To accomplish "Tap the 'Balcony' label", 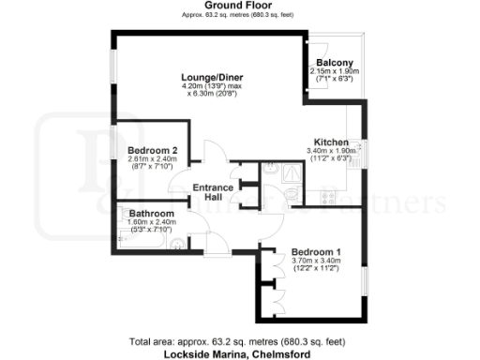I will (x=335, y=63).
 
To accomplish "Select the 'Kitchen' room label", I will (x=331, y=142).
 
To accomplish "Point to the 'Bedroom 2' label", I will (x=152, y=150).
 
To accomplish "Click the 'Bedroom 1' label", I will (x=316, y=252).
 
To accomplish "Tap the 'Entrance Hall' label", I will (x=213, y=192).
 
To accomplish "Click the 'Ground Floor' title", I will (x=239, y=5).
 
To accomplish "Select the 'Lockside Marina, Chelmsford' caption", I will (x=240, y=354).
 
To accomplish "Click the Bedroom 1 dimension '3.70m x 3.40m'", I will (x=316, y=262).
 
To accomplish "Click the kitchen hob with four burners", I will (x=330, y=196).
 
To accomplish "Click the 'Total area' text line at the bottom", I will (x=240, y=343).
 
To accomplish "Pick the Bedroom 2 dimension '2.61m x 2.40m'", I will (x=152, y=158).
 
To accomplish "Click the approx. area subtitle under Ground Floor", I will (x=239, y=14).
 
